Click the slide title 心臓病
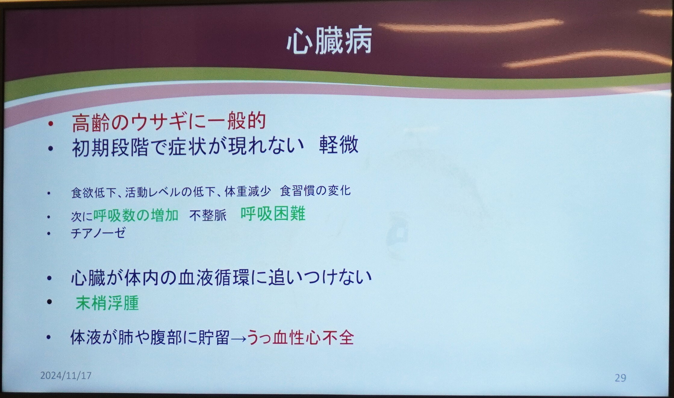(329, 41)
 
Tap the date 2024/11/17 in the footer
(66, 375)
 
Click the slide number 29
(620, 378)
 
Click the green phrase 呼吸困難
(273, 214)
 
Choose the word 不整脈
(208, 215)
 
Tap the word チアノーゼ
(98, 233)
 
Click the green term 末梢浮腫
(107, 303)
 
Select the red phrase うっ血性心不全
(300, 337)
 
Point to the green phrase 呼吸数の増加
(136, 215)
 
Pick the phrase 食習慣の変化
(315, 191)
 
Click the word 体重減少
(248, 192)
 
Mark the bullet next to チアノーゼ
(49, 234)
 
